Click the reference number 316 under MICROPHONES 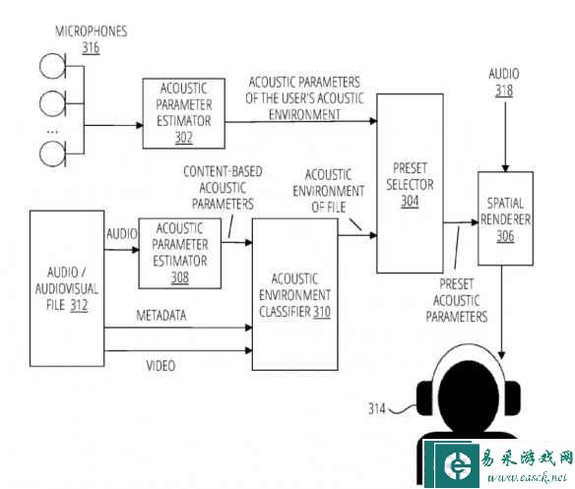(91, 48)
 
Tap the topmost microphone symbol (53, 66)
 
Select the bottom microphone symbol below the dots (53, 153)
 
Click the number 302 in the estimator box (184, 138)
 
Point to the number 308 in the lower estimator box (180, 277)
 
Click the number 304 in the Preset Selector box (410, 201)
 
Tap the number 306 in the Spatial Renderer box (505, 236)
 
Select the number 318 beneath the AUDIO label (504, 91)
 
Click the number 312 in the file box (79, 305)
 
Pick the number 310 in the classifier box (322, 312)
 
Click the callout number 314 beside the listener (377, 408)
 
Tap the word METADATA (161, 315)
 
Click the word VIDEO (160, 365)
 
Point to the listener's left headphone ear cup (425, 398)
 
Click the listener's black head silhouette (469, 396)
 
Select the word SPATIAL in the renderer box (505, 203)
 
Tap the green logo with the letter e (457, 465)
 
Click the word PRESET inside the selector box (410, 168)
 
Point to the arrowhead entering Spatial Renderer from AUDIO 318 (505, 168)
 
